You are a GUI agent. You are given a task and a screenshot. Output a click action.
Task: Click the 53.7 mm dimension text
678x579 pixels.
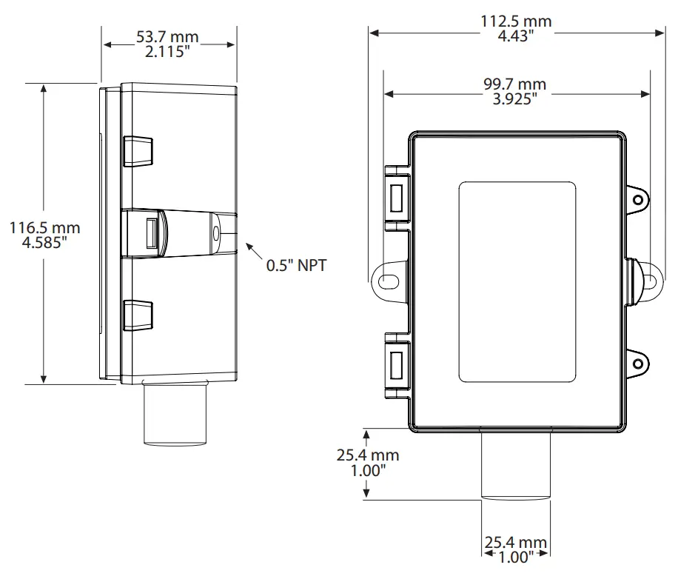(167, 37)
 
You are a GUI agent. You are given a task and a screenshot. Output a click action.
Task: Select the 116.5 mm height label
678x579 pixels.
(44, 228)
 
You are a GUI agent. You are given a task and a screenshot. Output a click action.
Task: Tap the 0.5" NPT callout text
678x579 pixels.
(296, 266)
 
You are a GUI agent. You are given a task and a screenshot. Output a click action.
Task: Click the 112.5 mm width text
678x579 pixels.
(516, 21)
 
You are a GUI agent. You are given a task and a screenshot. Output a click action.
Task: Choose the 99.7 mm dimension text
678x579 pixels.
(515, 85)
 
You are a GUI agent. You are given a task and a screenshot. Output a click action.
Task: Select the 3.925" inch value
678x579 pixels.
(515, 99)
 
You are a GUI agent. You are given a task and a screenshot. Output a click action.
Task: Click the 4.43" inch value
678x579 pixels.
(516, 36)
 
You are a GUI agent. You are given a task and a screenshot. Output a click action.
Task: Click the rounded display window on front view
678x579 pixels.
(517, 281)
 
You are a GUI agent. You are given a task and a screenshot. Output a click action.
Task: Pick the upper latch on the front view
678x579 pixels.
(396, 195)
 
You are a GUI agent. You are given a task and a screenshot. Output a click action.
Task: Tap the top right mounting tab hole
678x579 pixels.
(637, 199)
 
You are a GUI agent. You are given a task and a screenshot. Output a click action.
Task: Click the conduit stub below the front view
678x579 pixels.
(516, 465)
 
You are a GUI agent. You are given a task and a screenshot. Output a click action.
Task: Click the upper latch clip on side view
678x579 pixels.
(138, 151)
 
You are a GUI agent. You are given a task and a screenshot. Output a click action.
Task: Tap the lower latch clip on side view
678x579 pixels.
(138, 314)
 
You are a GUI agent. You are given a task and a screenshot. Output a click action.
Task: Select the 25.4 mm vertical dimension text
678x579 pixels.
(368, 455)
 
